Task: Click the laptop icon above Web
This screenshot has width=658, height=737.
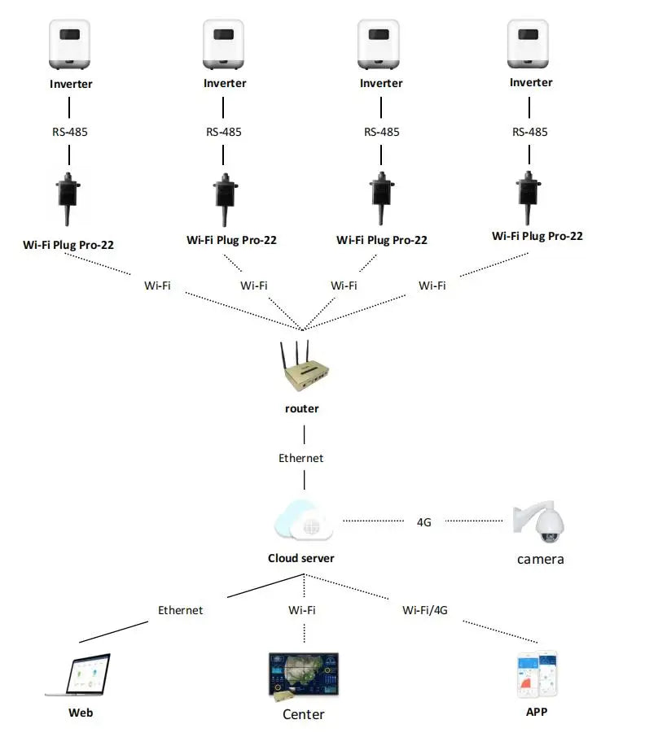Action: (x=78, y=674)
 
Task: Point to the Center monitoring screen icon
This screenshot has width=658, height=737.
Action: (x=303, y=676)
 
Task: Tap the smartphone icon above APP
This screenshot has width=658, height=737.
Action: (x=537, y=674)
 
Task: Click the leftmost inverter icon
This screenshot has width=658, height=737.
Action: (x=71, y=45)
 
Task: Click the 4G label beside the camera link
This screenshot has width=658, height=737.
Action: (x=423, y=522)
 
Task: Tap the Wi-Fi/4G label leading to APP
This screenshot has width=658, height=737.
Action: (x=424, y=609)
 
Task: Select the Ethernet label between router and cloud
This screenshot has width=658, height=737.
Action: (x=301, y=458)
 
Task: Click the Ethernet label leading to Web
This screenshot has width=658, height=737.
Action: (x=181, y=609)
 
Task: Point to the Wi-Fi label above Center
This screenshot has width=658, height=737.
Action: (x=302, y=609)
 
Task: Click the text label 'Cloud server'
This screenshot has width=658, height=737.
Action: (x=301, y=558)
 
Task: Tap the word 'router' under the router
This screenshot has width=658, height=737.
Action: (x=302, y=408)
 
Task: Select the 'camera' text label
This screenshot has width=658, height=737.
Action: (x=540, y=559)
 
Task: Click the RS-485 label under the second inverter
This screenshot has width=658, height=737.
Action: (x=223, y=132)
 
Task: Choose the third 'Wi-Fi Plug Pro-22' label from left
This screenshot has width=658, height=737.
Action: (x=381, y=240)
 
